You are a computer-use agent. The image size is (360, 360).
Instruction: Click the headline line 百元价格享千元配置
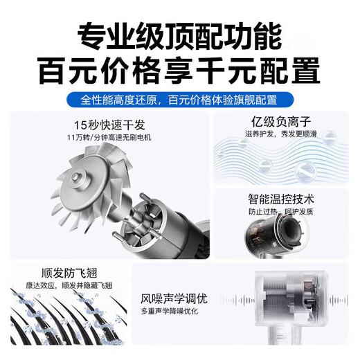click(180, 70)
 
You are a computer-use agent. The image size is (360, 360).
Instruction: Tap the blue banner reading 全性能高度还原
click(180, 99)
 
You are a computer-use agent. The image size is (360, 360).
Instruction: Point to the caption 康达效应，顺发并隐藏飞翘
click(66, 285)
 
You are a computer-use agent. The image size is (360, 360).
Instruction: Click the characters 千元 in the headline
click(227, 70)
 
